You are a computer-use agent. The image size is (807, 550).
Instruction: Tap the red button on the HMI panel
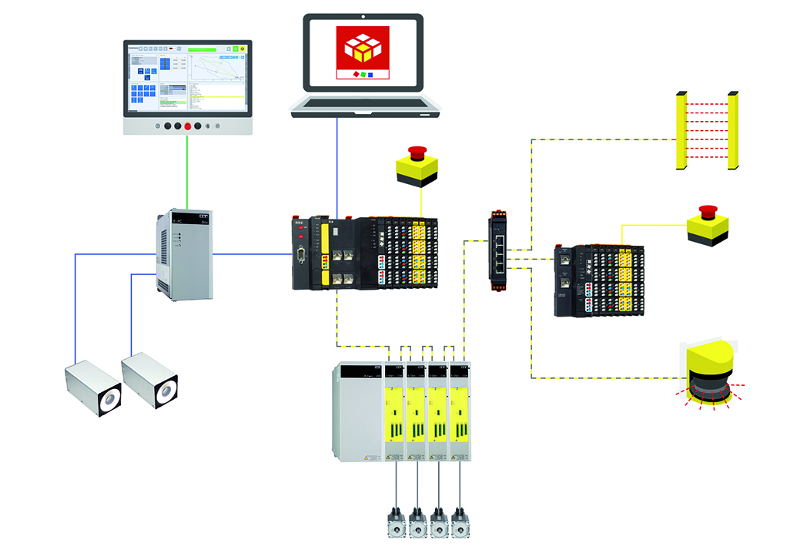[x=188, y=126]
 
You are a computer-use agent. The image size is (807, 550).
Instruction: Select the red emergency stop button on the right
[x=707, y=210]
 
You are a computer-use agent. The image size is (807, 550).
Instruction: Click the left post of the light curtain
[x=679, y=131]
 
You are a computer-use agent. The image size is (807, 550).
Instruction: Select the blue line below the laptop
[x=337, y=166]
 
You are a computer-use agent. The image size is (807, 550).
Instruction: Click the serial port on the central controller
[x=300, y=257]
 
